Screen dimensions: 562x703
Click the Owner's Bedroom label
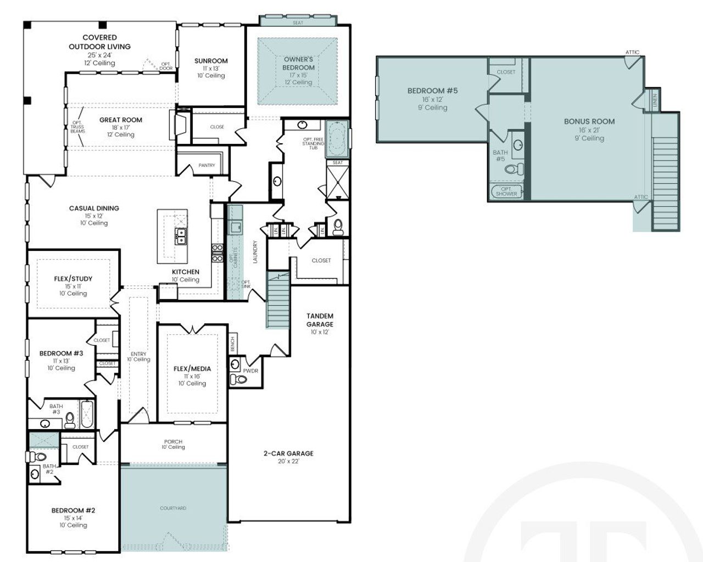click(x=299, y=63)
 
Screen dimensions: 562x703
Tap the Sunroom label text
click(x=211, y=61)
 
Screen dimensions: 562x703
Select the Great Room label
click(x=121, y=120)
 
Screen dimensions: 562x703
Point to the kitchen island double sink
click(x=180, y=237)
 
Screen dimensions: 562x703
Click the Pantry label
click(x=207, y=165)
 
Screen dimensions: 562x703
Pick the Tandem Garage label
click(x=320, y=320)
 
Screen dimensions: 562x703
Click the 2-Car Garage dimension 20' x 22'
click(x=288, y=462)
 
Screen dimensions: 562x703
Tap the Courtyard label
click(x=173, y=508)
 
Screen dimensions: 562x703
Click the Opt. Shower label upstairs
click(x=506, y=192)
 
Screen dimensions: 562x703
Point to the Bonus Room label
click(x=589, y=121)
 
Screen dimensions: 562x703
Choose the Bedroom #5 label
click(x=432, y=91)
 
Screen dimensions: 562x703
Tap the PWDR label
click(x=250, y=371)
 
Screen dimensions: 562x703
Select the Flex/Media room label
click(x=192, y=369)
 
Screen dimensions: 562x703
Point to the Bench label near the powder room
click(x=233, y=344)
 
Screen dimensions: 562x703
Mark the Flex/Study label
click(x=73, y=279)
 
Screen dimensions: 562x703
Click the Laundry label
click(x=255, y=252)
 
